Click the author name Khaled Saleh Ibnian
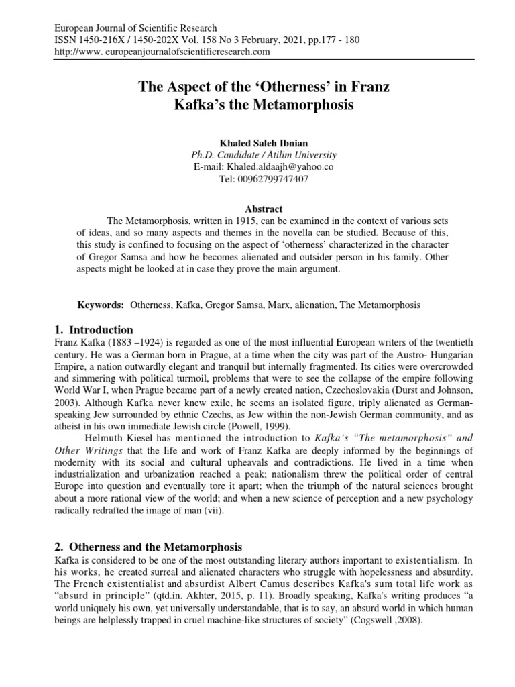[257, 144]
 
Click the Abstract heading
[257, 209]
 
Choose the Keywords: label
[101, 305]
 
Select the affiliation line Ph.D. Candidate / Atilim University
[257, 155]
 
